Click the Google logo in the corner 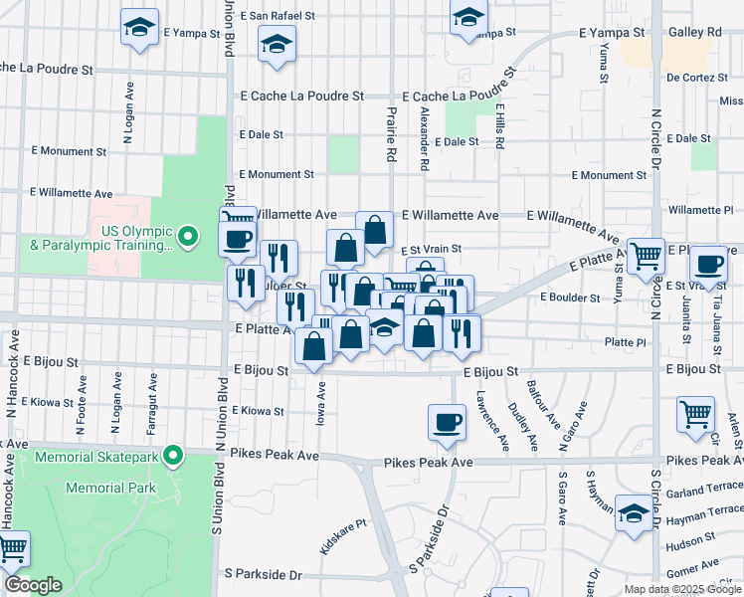coord(33,585)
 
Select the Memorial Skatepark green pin coord(173,457)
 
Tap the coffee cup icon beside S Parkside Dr coord(447,421)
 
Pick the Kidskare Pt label coord(344,536)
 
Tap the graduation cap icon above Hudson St coord(633,513)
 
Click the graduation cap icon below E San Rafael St coord(277,44)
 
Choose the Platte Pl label coord(627,341)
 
